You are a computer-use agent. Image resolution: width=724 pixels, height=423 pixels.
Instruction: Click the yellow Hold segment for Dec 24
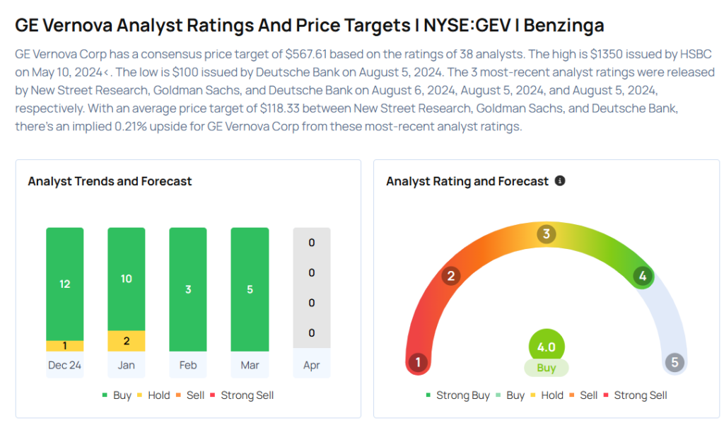pos(65,346)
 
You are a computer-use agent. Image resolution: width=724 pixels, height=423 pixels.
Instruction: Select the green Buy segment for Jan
pos(126,279)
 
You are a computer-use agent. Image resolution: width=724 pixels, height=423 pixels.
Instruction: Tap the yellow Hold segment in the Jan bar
pos(126,341)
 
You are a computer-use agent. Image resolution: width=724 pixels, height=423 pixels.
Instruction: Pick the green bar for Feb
pos(188,289)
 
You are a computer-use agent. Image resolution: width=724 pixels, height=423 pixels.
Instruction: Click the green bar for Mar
pos(250,289)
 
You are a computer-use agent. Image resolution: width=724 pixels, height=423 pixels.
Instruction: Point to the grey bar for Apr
pos(311,288)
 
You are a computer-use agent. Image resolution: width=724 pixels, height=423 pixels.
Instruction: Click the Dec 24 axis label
pos(65,365)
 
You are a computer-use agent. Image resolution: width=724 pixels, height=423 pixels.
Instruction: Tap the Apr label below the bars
pos(311,365)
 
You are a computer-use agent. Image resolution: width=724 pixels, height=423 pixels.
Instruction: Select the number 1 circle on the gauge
pos(418,363)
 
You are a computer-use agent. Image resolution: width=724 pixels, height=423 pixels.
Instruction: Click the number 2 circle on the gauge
pos(450,276)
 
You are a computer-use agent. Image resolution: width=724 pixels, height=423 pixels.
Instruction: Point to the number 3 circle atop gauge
pos(546,234)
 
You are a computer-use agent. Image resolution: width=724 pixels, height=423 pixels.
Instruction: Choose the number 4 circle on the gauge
pos(642,277)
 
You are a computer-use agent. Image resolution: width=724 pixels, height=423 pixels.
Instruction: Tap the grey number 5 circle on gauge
pos(675,363)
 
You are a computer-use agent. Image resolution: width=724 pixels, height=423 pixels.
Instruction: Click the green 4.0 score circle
pos(547,347)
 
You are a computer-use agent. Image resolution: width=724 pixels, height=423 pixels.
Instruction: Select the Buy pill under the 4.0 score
pos(547,368)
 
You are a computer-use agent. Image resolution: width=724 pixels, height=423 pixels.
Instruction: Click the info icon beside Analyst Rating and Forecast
pos(560,181)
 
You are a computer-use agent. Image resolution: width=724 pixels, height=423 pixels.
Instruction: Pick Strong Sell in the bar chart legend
pos(247,395)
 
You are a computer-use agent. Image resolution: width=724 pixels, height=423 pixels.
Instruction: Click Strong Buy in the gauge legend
pos(462,395)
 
